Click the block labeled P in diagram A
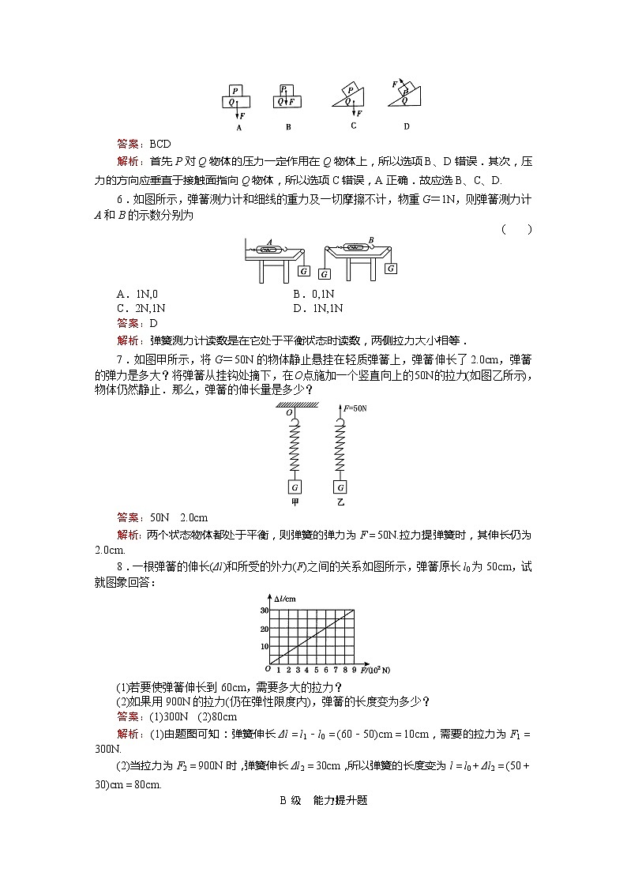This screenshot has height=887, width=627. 235,90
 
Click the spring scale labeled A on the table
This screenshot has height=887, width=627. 271,250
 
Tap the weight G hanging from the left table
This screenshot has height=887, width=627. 304,271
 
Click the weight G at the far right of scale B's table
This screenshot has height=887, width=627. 391,269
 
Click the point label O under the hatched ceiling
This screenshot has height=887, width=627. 289,412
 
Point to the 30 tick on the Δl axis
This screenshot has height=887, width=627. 265,611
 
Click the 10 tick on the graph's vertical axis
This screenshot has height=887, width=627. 265,645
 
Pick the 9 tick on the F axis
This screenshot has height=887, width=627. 355,670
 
